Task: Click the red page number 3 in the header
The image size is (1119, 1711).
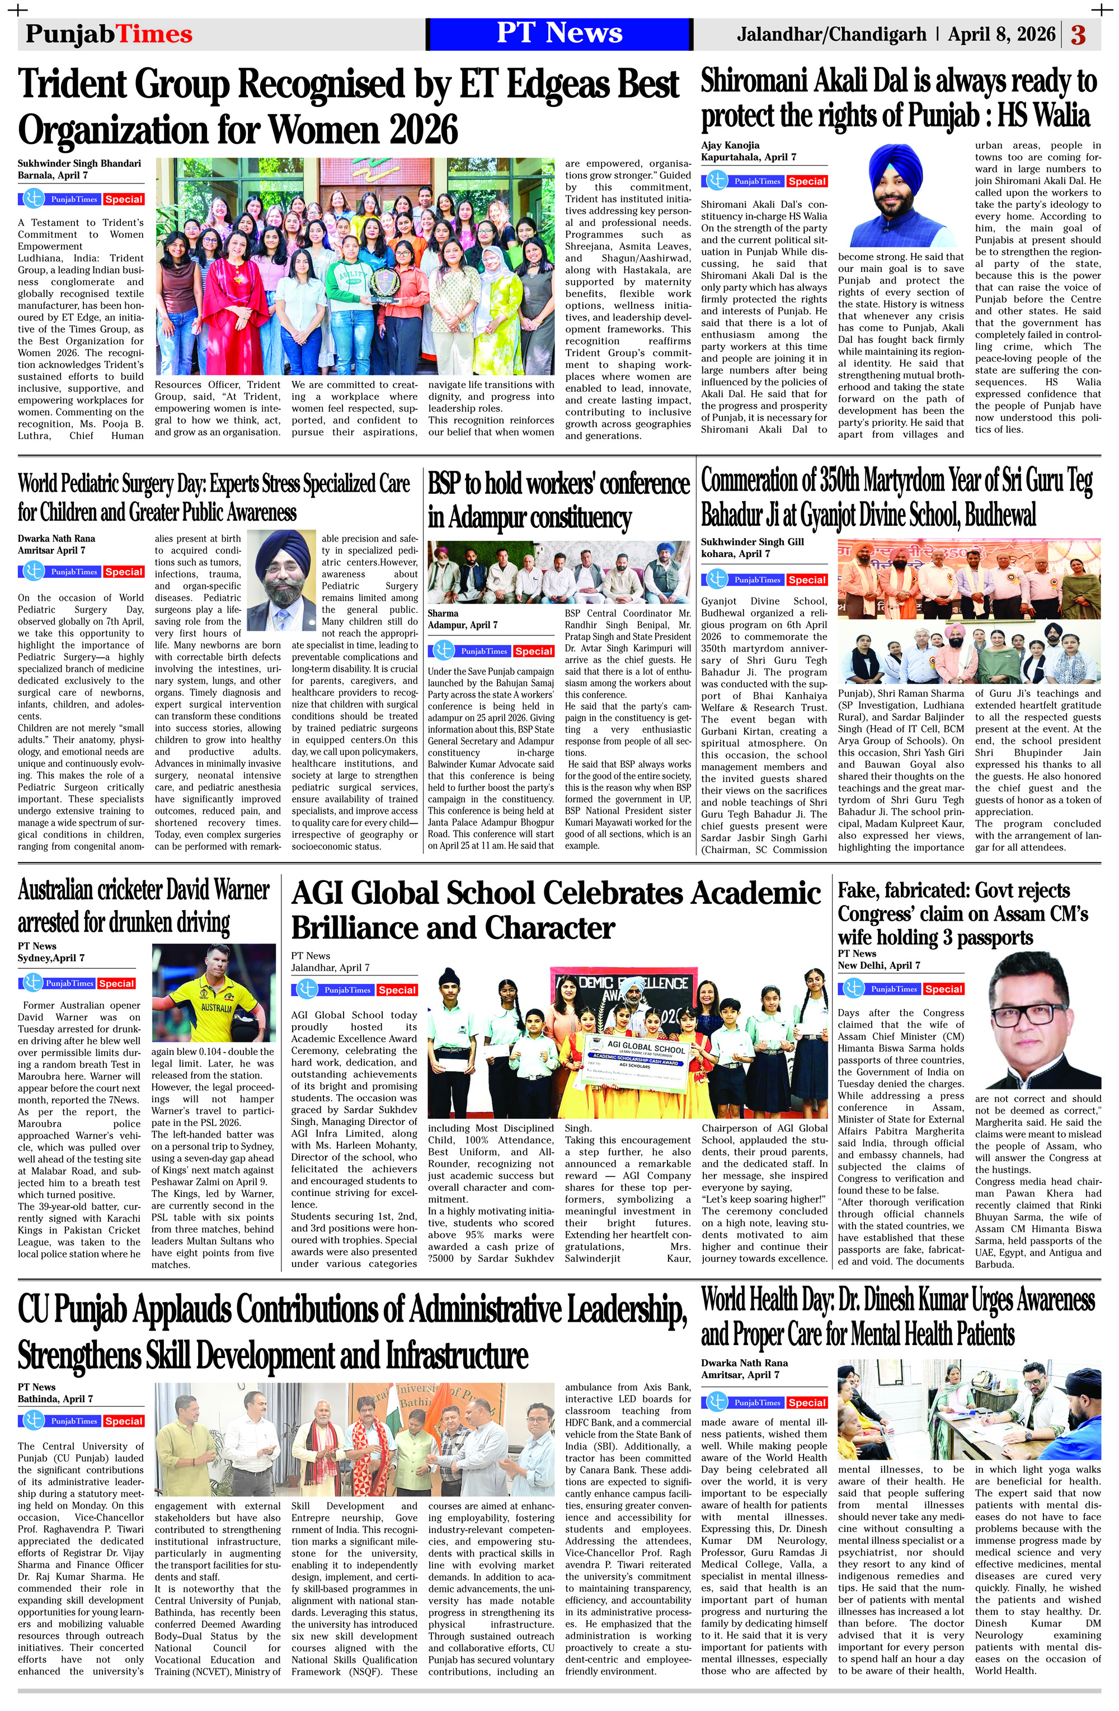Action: point(1078,35)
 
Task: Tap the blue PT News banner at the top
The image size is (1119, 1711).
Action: point(559,34)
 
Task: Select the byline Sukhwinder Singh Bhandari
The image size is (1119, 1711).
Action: point(79,163)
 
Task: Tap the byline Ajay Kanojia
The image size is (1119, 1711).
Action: point(730,145)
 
